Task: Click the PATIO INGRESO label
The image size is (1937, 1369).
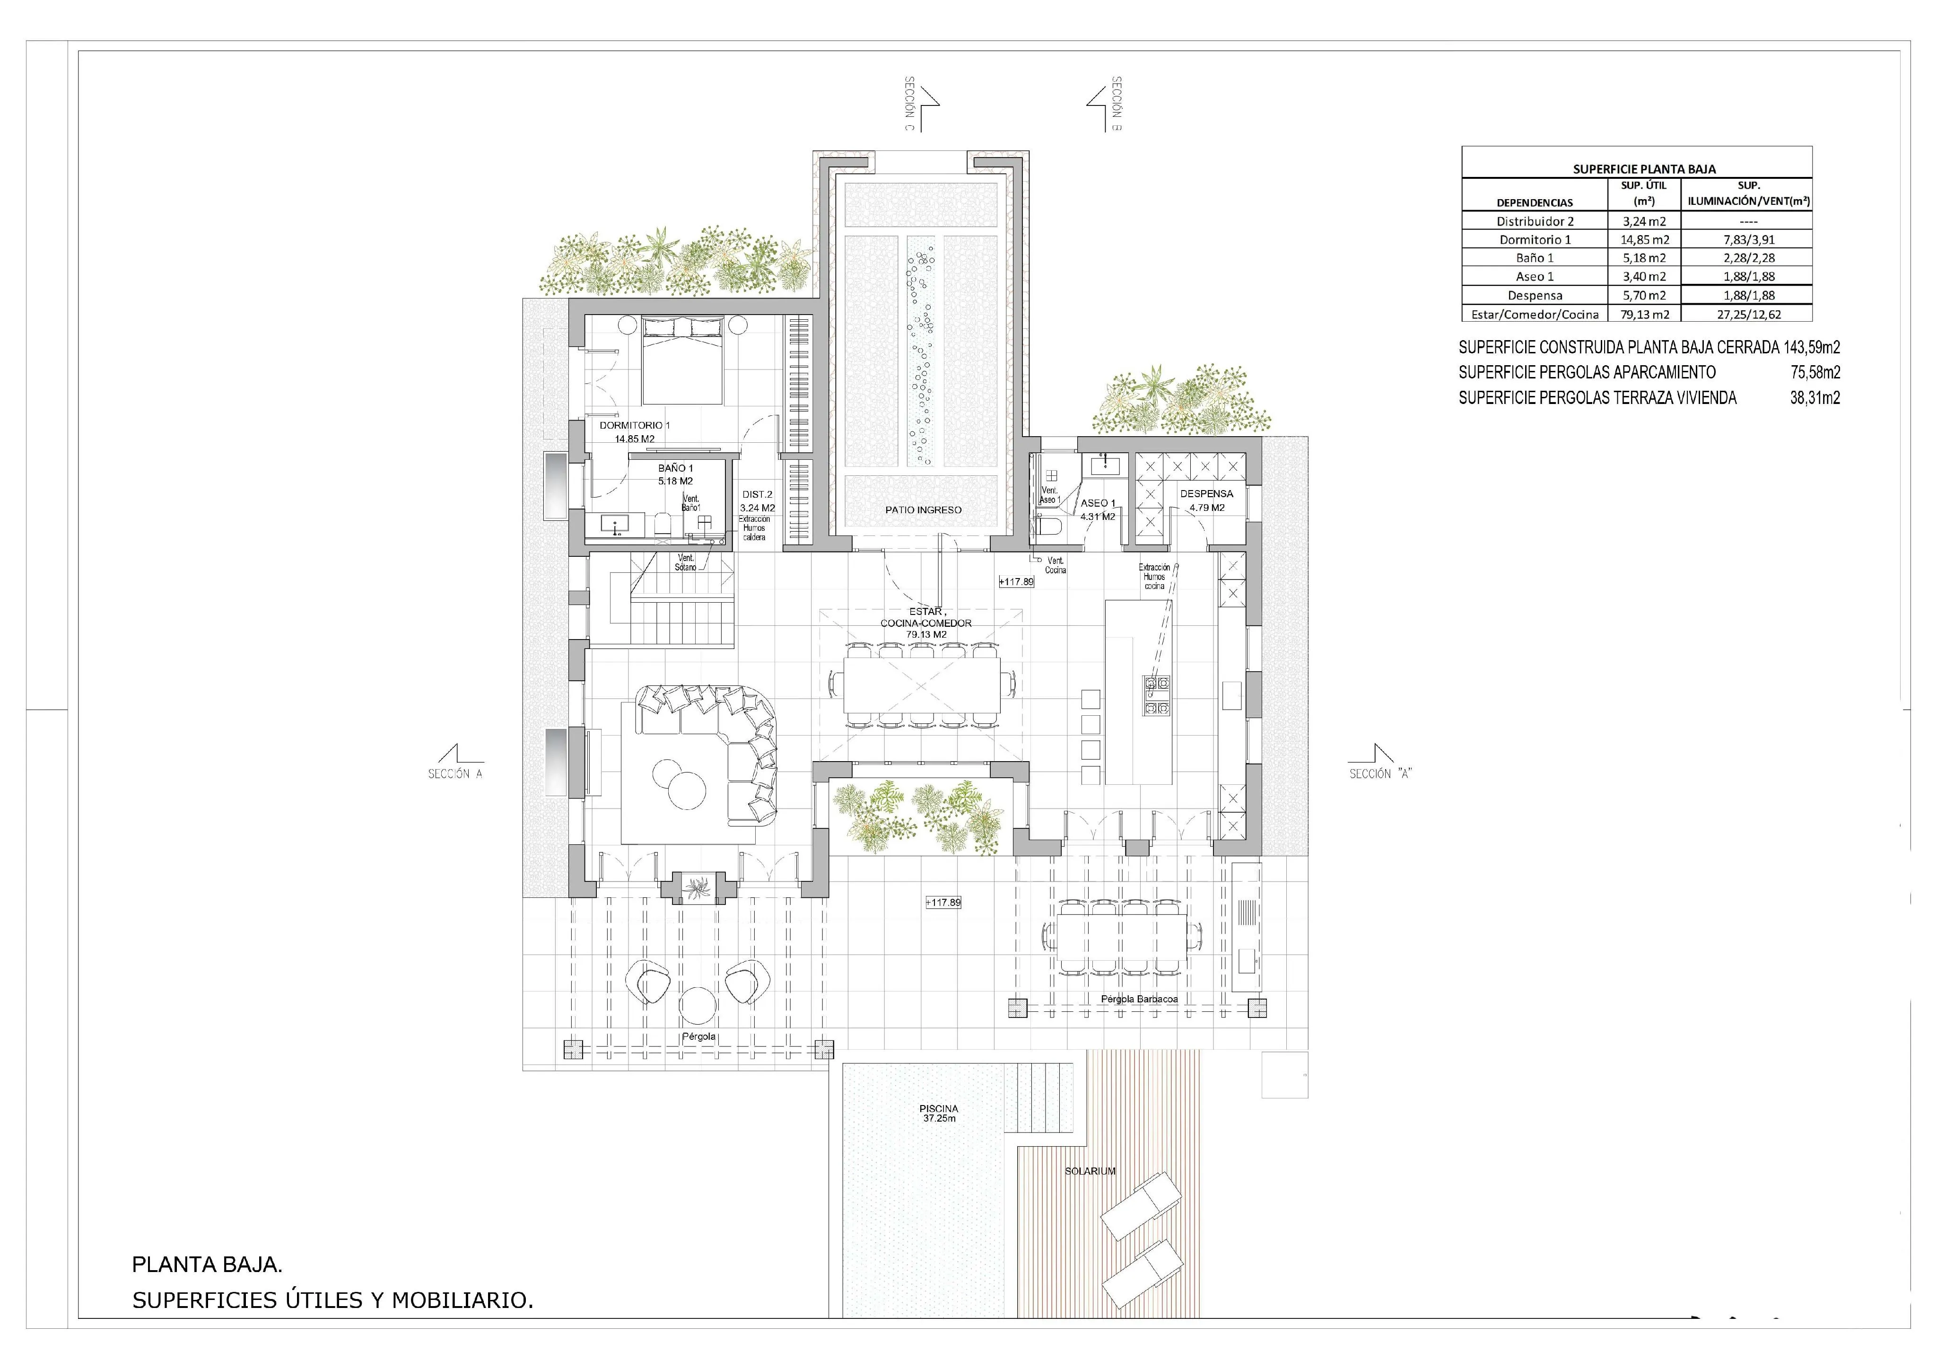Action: [923, 510]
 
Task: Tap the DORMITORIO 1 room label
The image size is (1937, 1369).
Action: [635, 425]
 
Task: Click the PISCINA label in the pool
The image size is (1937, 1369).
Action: [938, 1109]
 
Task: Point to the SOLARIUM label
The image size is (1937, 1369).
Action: [1090, 1171]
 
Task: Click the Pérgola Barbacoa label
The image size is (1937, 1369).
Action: [1139, 1000]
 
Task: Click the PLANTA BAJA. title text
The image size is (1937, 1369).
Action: [207, 1264]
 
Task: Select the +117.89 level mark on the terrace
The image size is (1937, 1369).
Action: [943, 902]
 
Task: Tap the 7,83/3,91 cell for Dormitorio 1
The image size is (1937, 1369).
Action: [1749, 240]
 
